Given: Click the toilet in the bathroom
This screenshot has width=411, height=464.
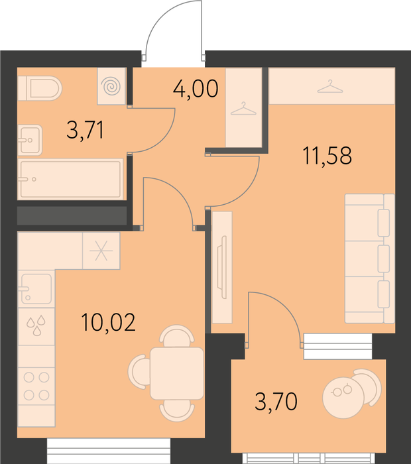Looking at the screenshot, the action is (x=39, y=88).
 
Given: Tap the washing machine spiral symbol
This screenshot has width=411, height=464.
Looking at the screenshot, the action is (x=111, y=86).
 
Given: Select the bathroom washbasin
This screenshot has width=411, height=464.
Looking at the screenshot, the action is (x=30, y=140).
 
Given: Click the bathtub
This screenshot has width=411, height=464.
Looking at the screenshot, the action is (x=70, y=179).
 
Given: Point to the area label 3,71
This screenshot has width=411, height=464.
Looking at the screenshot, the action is (x=86, y=130).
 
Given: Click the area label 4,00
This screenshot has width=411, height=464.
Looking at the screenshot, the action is (x=196, y=88).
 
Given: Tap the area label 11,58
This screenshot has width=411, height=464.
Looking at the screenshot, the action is (x=327, y=156).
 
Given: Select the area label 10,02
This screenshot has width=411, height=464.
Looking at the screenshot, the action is (x=108, y=322).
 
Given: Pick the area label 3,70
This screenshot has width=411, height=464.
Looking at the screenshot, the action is (x=276, y=401).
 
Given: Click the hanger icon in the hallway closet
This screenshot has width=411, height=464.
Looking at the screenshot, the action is (x=243, y=109).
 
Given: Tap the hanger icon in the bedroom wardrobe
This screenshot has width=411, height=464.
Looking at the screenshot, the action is (x=330, y=86).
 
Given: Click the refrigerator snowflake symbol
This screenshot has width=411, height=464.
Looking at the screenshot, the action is (x=101, y=251).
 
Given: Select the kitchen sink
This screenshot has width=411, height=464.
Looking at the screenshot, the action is (x=36, y=288).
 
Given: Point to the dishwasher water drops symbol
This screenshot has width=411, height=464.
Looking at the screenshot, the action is (x=36, y=325).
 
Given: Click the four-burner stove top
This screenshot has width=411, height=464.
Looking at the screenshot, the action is (x=36, y=386).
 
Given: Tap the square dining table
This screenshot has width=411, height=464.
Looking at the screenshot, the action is (x=177, y=373).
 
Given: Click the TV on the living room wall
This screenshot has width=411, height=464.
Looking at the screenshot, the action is (x=222, y=267).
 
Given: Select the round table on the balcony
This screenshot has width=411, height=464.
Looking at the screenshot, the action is (x=343, y=398).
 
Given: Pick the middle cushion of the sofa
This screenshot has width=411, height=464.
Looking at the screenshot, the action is (x=383, y=259).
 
